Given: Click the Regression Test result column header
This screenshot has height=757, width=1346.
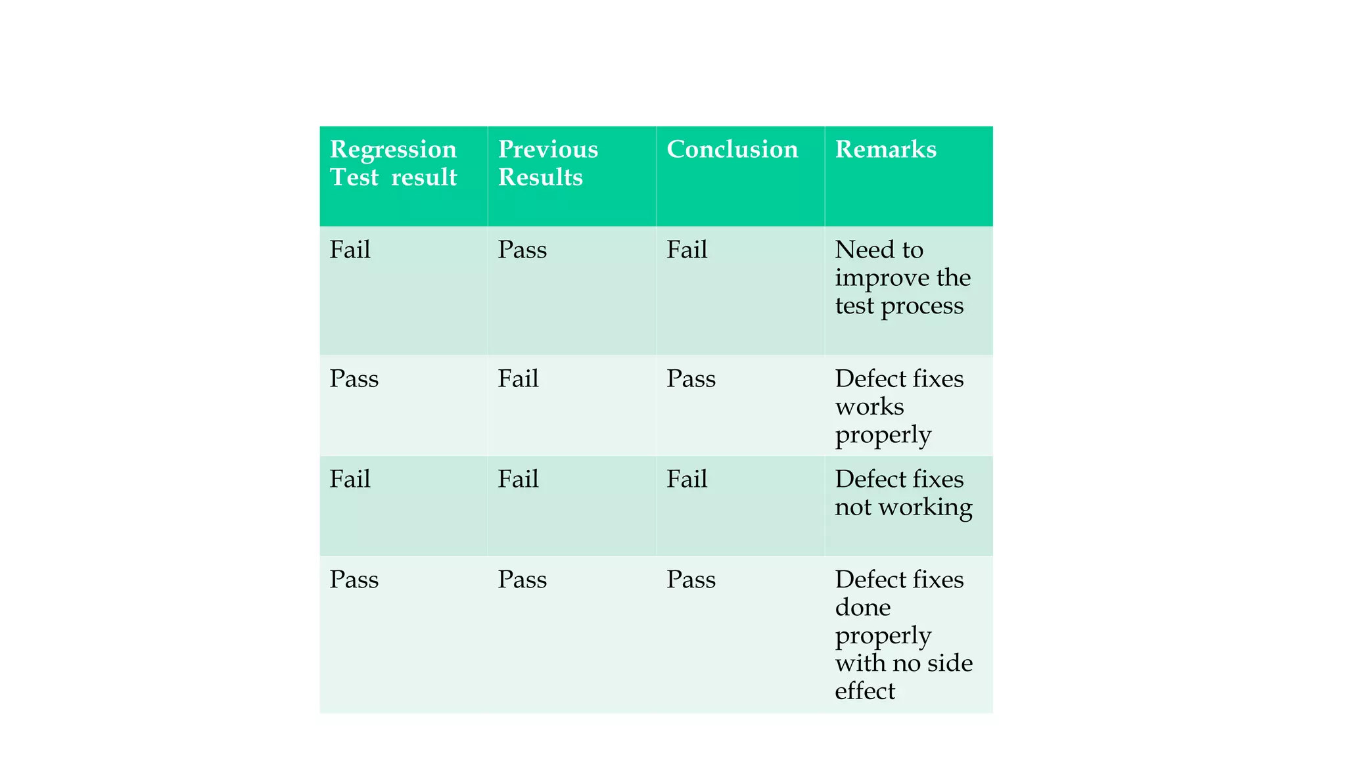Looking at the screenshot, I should pyautogui.click(x=393, y=163).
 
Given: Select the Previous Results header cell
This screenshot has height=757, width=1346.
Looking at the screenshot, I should pyautogui.click(x=547, y=163).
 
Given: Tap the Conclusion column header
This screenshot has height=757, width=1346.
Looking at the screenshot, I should pyautogui.click(x=732, y=150).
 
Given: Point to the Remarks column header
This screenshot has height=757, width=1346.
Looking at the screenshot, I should pyautogui.click(x=885, y=150).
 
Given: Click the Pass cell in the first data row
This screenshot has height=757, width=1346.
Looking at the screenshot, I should pyautogui.click(x=522, y=250).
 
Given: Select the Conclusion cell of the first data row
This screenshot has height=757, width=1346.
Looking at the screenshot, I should pyautogui.click(x=687, y=250).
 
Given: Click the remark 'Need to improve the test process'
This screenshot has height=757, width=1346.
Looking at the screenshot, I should pyautogui.click(x=902, y=278).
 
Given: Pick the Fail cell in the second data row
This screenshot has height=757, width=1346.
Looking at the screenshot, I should pyautogui.click(x=518, y=379).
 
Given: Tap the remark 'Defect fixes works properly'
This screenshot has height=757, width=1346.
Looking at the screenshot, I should pyautogui.click(x=898, y=407).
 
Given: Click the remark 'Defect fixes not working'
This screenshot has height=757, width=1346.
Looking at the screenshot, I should pyautogui.click(x=903, y=493).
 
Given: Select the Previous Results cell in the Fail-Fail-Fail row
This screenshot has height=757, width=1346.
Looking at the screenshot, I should pyautogui.click(x=518, y=480).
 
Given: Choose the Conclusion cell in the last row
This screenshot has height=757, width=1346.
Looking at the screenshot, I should pyautogui.click(x=691, y=580).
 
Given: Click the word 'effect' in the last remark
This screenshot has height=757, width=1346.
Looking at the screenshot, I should pyautogui.click(x=864, y=691).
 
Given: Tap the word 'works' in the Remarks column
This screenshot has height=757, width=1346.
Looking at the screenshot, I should pyautogui.click(x=869, y=407).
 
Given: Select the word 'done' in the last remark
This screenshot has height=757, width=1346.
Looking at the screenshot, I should pyautogui.click(x=862, y=608).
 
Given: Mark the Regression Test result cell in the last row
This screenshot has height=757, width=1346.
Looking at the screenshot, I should pyautogui.click(x=354, y=580).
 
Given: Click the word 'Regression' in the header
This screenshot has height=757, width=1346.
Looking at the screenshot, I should pyautogui.click(x=393, y=150).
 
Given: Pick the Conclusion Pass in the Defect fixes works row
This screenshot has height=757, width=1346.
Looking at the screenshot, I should pyautogui.click(x=691, y=379).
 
